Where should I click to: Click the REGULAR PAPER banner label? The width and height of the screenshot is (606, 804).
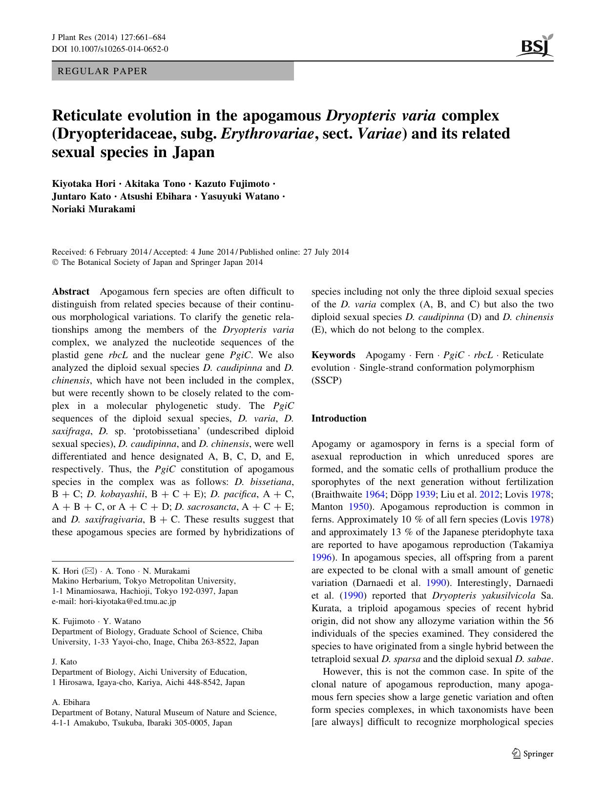[103, 71]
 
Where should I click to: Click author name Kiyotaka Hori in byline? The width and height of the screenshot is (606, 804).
[84, 184]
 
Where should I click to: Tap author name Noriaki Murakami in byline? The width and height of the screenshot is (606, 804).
[93, 209]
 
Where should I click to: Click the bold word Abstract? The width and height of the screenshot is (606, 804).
[71, 292]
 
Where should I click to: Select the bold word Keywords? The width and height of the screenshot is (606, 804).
[333, 355]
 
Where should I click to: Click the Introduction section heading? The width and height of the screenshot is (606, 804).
[339, 419]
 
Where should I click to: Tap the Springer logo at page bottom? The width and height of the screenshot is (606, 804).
[532, 754]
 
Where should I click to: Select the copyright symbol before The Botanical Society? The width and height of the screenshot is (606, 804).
[55, 262]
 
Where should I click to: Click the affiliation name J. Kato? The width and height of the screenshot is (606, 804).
[64, 662]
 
